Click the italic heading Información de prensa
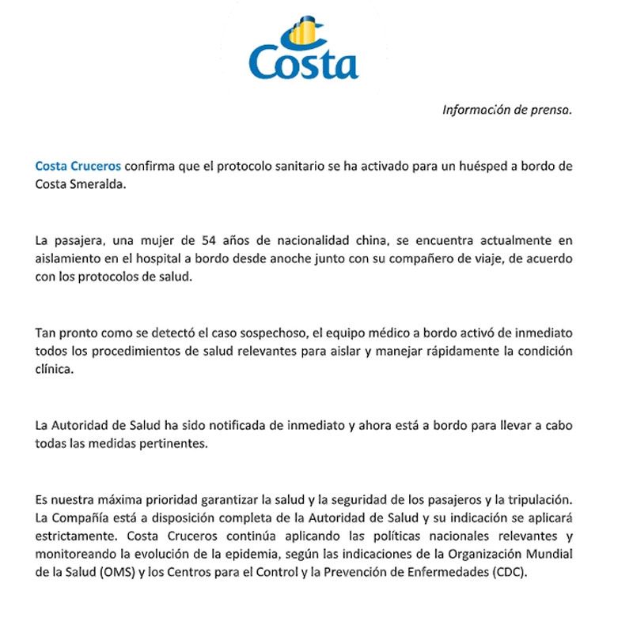click(x=506, y=111)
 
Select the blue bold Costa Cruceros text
click(x=78, y=166)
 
